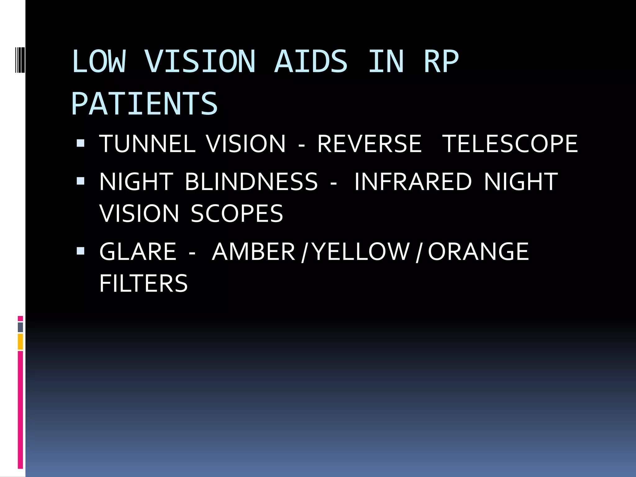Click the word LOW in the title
click(x=99, y=62)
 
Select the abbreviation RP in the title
click(x=441, y=62)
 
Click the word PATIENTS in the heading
click(x=144, y=104)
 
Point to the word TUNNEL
click(x=147, y=144)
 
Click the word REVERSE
click(x=369, y=144)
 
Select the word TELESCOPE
click(x=510, y=144)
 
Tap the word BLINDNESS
click(x=251, y=182)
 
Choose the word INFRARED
click(x=413, y=182)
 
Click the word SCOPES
click(x=237, y=214)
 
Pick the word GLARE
click(x=138, y=252)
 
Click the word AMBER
click(x=253, y=252)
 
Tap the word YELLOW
click(x=361, y=252)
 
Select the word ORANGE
click(x=478, y=252)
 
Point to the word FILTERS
click(x=143, y=283)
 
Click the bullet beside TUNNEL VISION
click(x=80, y=143)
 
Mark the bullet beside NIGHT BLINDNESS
click(x=80, y=181)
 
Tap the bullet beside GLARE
click(x=80, y=251)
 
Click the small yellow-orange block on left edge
click(x=20, y=341)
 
